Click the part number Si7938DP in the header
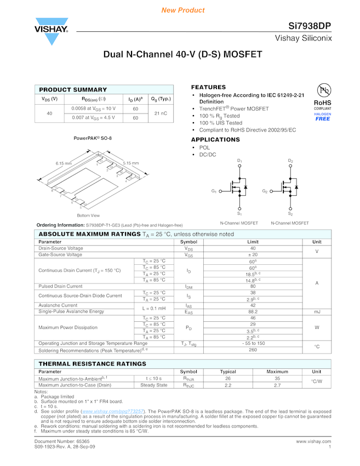click(310, 26)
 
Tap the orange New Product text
click(183, 10)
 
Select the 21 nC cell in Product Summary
click(161, 113)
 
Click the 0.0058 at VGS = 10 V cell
click(93, 109)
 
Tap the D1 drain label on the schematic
click(239, 161)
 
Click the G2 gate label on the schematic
click(265, 191)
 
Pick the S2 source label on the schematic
click(290, 213)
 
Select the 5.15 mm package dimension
click(130, 163)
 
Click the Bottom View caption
click(88, 215)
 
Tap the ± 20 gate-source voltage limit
click(253, 254)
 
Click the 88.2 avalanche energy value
click(253, 311)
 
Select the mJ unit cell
click(317, 311)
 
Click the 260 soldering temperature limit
click(253, 349)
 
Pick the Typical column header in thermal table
click(228, 372)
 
